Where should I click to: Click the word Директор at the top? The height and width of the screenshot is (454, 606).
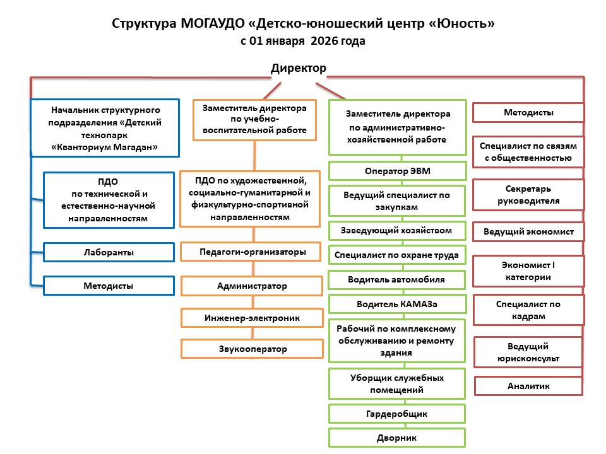tap(299, 67)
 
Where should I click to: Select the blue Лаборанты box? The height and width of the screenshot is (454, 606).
tap(108, 252)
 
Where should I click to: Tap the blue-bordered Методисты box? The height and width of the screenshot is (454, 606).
tap(108, 286)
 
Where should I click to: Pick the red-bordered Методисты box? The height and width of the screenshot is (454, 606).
tap(528, 113)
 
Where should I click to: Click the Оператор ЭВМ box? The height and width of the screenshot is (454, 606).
tap(398, 171)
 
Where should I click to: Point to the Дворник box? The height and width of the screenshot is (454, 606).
tap(397, 438)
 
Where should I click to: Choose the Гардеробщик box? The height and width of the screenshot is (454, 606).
tap(397, 414)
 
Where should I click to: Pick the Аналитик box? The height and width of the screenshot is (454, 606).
tap(528, 386)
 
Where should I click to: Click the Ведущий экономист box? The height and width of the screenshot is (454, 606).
tap(528, 231)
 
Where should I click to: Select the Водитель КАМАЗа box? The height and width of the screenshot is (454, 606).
tap(397, 304)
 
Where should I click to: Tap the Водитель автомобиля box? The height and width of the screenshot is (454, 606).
tap(397, 279)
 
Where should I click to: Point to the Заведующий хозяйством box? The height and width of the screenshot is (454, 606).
tap(397, 230)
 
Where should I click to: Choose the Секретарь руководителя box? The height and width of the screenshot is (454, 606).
tap(528, 195)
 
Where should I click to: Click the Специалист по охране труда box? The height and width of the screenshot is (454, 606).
tap(397, 255)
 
